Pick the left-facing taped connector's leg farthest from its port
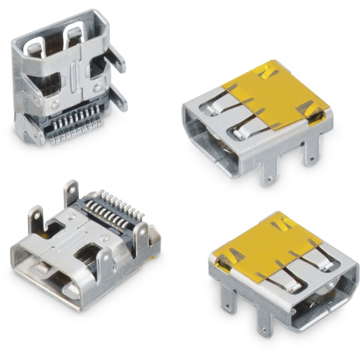[x=310, y=153]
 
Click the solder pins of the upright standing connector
[x=74, y=128]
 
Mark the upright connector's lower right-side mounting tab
[x=119, y=99]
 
